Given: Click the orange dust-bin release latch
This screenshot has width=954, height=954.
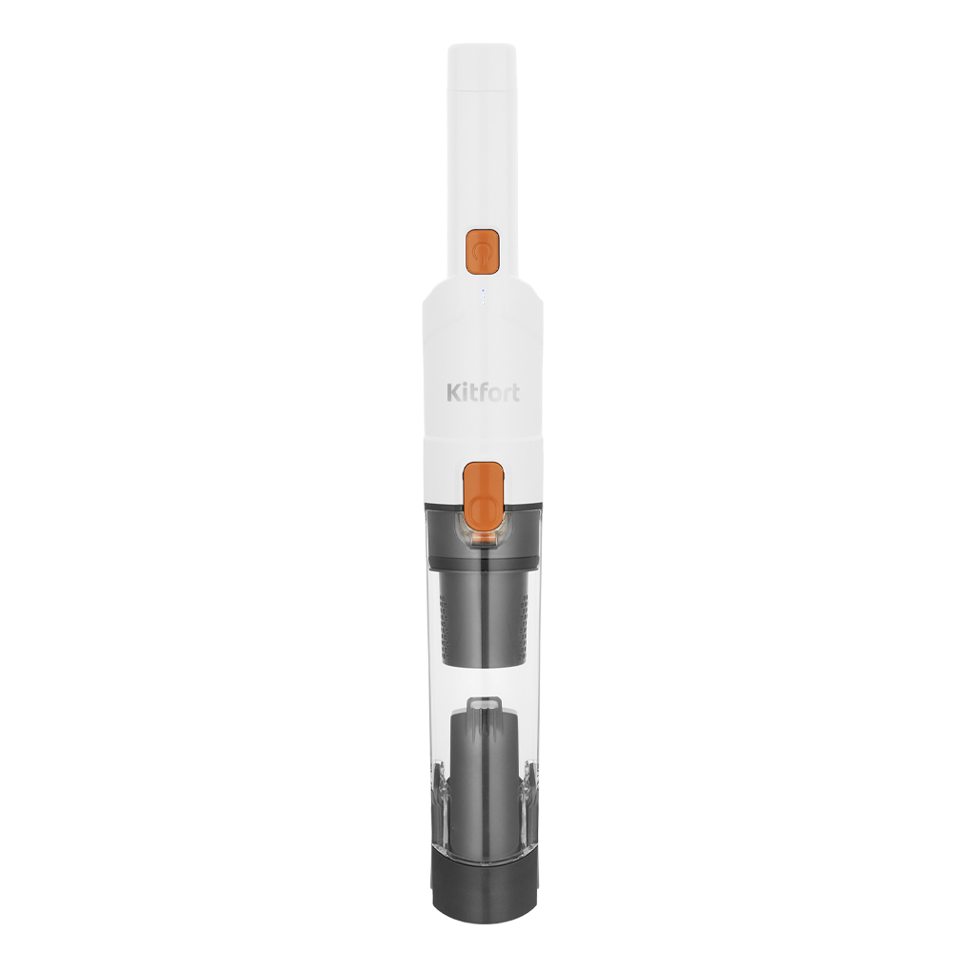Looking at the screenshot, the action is click(x=484, y=496).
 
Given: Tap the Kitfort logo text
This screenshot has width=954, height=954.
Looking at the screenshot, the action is click(x=483, y=392).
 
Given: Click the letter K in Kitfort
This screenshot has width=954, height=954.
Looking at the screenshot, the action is click(x=454, y=392).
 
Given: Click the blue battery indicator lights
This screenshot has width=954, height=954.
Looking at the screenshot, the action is click(x=483, y=297).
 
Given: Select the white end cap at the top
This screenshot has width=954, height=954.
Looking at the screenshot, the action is click(x=483, y=65).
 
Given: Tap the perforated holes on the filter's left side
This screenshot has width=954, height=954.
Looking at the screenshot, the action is click(x=447, y=626).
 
